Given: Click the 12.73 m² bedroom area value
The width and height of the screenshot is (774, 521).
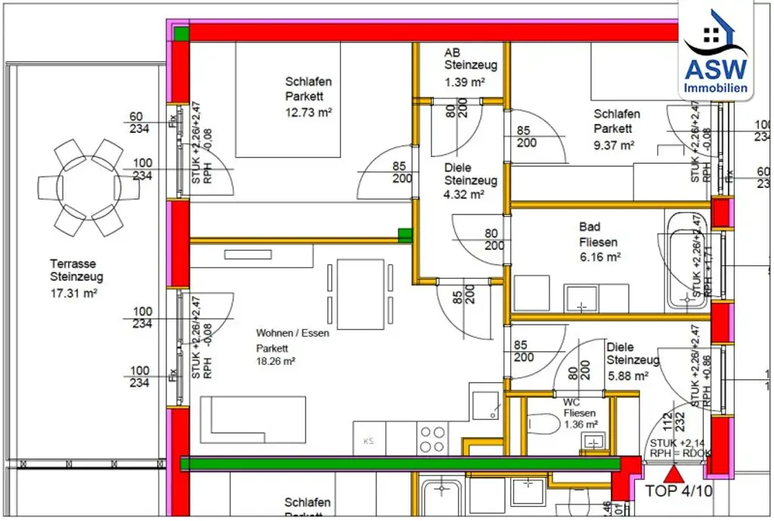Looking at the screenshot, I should (x=309, y=112).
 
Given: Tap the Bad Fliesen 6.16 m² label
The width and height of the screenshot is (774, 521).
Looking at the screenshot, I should (x=599, y=242).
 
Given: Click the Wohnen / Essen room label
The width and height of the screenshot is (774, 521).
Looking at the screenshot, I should (x=293, y=333).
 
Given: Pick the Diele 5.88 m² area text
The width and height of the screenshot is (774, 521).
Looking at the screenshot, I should (x=633, y=361).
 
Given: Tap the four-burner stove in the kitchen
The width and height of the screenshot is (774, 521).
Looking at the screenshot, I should (x=432, y=439).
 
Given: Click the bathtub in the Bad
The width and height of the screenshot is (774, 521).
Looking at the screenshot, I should (x=686, y=260).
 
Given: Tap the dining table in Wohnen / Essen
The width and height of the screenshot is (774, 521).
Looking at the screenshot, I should (x=360, y=294).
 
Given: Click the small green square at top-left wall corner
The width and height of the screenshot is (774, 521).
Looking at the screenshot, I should (x=181, y=32).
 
